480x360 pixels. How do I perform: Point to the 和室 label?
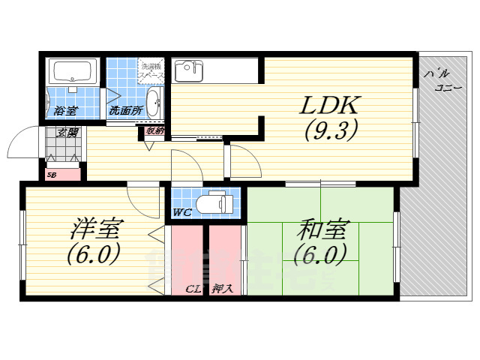pyautogui.click(x=320, y=227)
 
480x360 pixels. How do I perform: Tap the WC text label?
pyautogui.click(x=182, y=212)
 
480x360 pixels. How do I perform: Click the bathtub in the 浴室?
pyautogui.click(x=72, y=73)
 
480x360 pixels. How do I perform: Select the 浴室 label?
pyautogui.click(x=64, y=111)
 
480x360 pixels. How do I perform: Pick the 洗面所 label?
pyautogui.click(x=124, y=111)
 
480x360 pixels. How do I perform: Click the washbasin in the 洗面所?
pyautogui.click(x=153, y=103)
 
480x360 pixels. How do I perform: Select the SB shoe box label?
pyautogui.click(x=52, y=175)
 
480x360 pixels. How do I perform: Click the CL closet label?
pyautogui.click(x=192, y=288)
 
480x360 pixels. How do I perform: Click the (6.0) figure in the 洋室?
pyautogui.click(x=93, y=255)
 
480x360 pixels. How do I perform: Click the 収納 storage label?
pyautogui.click(x=155, y=130)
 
